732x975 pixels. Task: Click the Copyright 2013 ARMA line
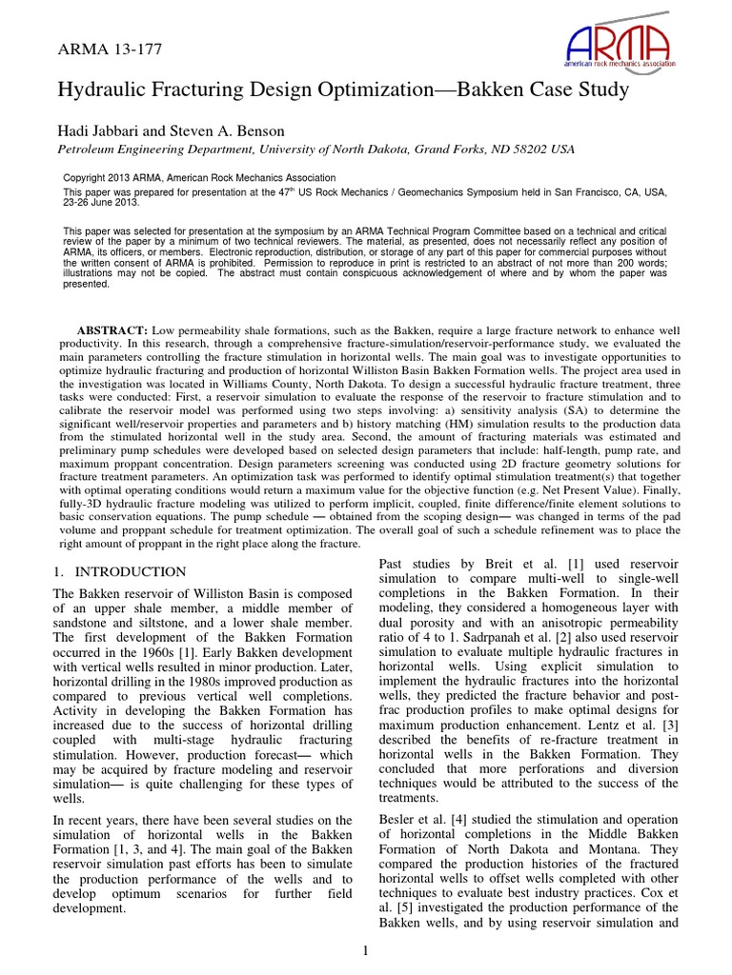pyautogui.click(x=199, y=178)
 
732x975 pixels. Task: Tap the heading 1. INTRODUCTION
pyautogui.click(x=120, y=571)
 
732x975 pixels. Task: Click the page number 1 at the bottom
pyautogui.click(x=366, y=949)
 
